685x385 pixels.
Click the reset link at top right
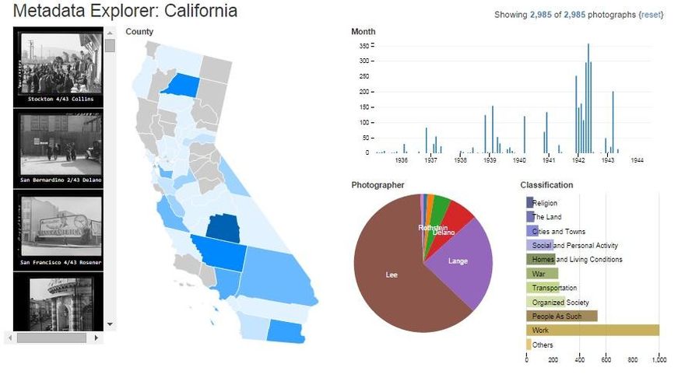point(650,15)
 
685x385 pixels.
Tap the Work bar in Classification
point(592,331)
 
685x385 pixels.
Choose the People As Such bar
point(561,317)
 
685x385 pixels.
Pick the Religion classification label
point(545,203)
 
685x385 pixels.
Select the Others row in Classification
point(543,345)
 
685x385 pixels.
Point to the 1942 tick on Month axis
point(578,160)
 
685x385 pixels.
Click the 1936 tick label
point(402,160)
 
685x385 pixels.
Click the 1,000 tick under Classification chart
point(658,360)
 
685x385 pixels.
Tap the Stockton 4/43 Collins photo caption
point(59,100)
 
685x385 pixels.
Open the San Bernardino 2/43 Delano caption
point(59,180)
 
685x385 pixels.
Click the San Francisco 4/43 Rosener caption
point(59,262)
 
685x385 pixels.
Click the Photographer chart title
point(378,185)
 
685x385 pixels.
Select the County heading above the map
point(139,32)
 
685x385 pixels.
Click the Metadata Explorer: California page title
point(125,12)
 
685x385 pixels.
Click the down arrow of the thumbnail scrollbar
point(110,324)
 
